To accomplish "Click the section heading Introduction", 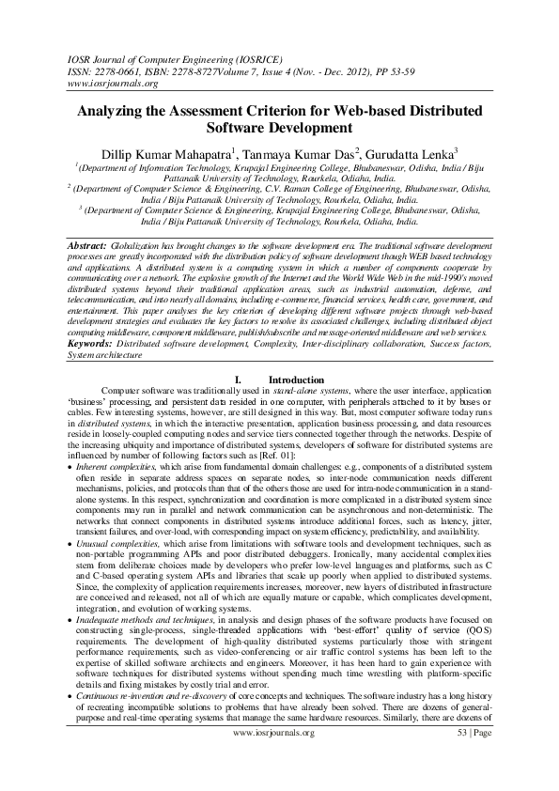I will tap(296, 380).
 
